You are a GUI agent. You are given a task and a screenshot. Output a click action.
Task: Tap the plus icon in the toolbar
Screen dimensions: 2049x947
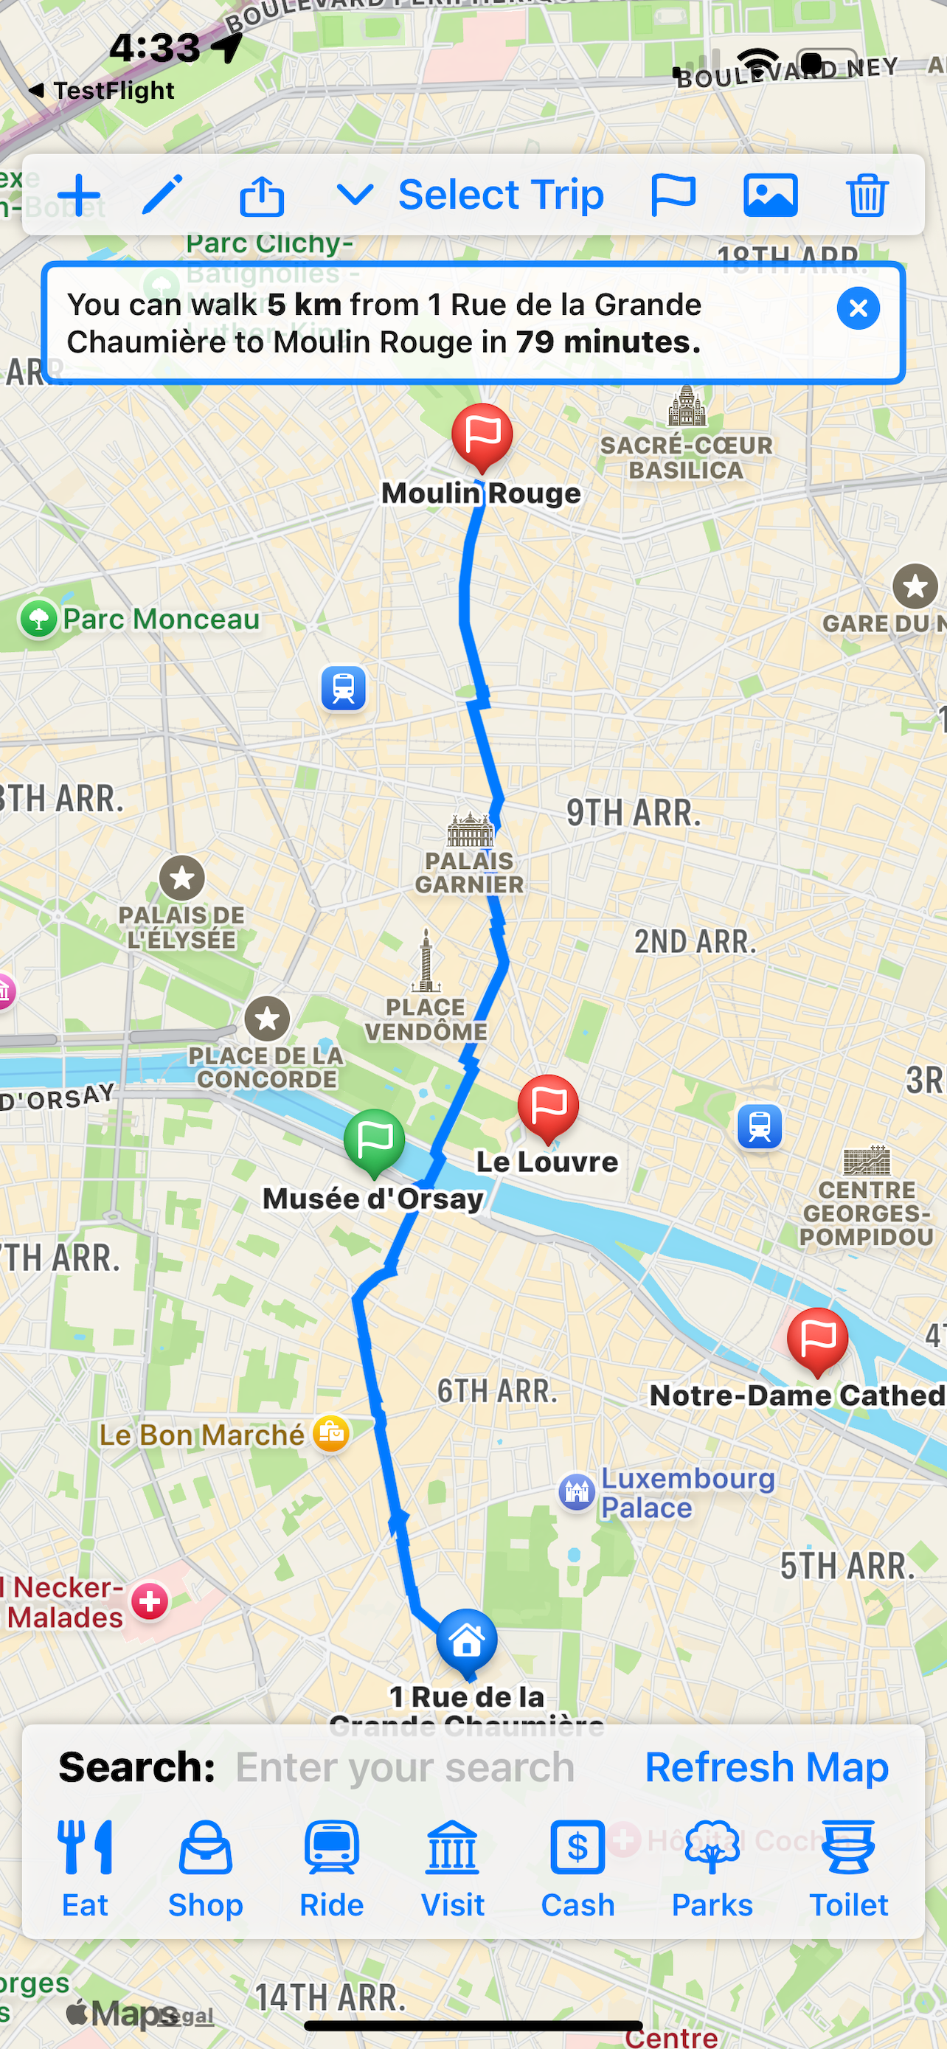pyautogui.click(x=79, y=195)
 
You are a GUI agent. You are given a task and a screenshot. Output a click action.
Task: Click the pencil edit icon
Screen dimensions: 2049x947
pyautogui.click(x=162, y=195)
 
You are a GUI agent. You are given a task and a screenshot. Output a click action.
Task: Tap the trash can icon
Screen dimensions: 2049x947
pyautogui.click(x=867, y=195)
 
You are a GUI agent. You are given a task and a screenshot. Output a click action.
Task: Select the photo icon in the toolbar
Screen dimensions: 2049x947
pyautogui.click(x=770, y=195)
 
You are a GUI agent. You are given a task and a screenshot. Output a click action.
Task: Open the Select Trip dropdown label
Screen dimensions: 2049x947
pyautogui.click(x=500, y=195)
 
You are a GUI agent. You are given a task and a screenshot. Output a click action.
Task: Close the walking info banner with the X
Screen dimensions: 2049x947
pyautogui.click(x=858, y=308)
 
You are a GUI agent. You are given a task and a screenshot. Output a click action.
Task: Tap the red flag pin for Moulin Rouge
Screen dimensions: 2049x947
pyautogui.click(x=482, y=435)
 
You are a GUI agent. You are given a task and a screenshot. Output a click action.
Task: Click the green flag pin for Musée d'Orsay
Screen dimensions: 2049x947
pyautogui.click(x=375, y=1140)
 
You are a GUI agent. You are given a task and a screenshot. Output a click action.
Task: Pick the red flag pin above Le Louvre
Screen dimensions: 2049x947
pyautogui.click(x=548, y=1106)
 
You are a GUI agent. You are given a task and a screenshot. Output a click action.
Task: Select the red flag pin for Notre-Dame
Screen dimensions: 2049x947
pyautogui.click(x=817, y=1339)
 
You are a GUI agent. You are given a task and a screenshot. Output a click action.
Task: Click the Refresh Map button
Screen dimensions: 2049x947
pyautogui.click(x=766, y=1767)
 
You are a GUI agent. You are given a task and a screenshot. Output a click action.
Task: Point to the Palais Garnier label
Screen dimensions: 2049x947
pyautogui.click(x=469, y=872)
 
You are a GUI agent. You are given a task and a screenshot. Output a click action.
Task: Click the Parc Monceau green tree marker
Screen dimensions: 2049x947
pyautogui.click(x=38, y=619)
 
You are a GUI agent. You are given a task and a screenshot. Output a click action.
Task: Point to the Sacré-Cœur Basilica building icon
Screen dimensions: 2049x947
pyautogui.click(x=687, y=406)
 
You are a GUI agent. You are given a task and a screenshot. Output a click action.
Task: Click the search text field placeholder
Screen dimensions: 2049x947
pyautogui.click(x=405, y=1767)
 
